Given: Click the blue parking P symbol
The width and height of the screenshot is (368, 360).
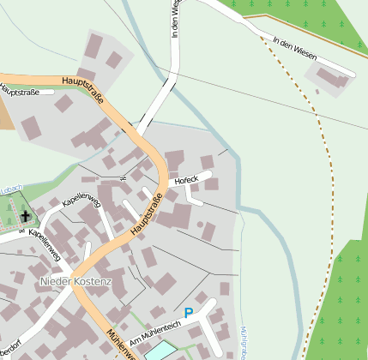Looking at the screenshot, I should [x=189, y=314].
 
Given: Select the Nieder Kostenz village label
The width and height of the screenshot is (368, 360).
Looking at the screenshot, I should [x=75, y=282].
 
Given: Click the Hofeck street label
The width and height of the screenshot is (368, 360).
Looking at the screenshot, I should [x=186, y=180].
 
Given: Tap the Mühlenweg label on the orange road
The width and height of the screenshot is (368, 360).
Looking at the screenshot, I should [x=120, y=342].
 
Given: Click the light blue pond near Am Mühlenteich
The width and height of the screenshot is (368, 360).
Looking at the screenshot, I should [x=160, y=351].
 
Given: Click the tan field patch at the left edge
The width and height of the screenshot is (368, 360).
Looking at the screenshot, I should [x=6, y=116].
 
